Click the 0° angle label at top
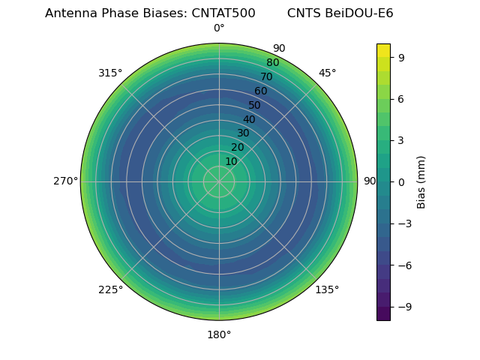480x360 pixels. [219, 28]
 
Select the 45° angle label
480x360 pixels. [327, 73]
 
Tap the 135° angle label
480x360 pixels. [327, 289]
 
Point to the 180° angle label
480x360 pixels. [219, 334]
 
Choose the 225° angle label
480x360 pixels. [110, 289]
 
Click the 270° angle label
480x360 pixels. [65, 181]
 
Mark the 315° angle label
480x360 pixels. [110, 73]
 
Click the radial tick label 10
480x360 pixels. [231, 161]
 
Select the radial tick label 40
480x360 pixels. [249, 119]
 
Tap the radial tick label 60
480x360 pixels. [261, 91]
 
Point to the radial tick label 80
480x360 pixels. [273, 62]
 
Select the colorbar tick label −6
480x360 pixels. [403, 265]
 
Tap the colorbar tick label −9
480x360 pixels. [403, 307]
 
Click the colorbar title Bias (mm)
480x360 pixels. [421, 181]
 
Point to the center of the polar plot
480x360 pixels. [219, 181]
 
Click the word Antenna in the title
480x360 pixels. [70, 13]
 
